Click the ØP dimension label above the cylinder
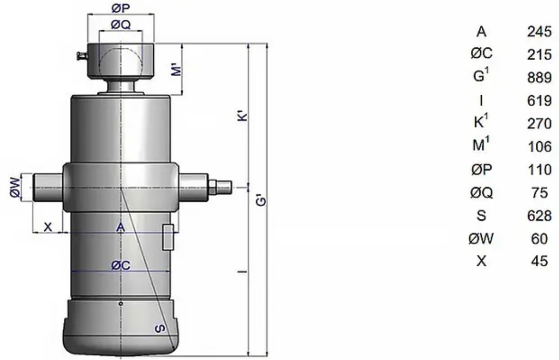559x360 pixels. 121,8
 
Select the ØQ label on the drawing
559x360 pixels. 121,24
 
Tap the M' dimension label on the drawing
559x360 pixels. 177,69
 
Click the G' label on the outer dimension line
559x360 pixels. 261,200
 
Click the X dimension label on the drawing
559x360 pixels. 48,227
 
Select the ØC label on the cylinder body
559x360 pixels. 121,265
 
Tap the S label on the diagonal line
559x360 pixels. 160,328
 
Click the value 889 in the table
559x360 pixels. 539,77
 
